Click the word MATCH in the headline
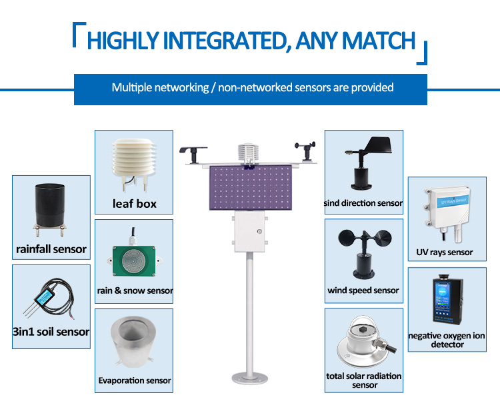[x=379, y=41]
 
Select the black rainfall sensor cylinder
[x=50, y=205]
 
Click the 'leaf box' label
[x=134, y=204]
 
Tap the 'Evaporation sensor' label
[x=134, y=380]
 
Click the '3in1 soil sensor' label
[x=51, y=332]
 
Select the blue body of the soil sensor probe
[x=45, y=296]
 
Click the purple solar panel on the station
[x=250, y=187]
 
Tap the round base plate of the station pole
[x=250, y=378]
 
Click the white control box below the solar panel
[x=250, y=232]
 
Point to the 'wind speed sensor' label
[x=363, y=290]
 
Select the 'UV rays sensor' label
[x=445, y=252]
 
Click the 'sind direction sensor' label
[x=363, y=203]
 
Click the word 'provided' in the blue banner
[x=372, y=87]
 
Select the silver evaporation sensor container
[x=133, y=341]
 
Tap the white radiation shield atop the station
[x=248, y=153]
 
